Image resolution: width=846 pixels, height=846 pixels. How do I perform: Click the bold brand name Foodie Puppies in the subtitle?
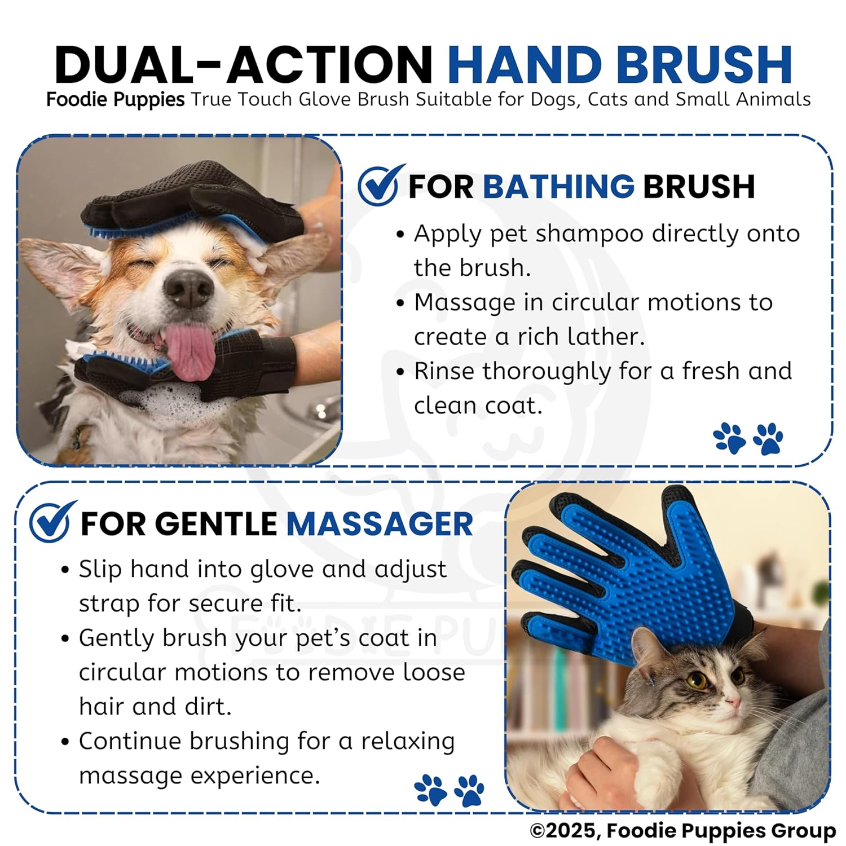(116, 100)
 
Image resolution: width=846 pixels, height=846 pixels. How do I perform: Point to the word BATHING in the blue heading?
(559, 187)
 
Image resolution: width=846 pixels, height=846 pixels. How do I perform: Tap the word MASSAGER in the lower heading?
(380, 524)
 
